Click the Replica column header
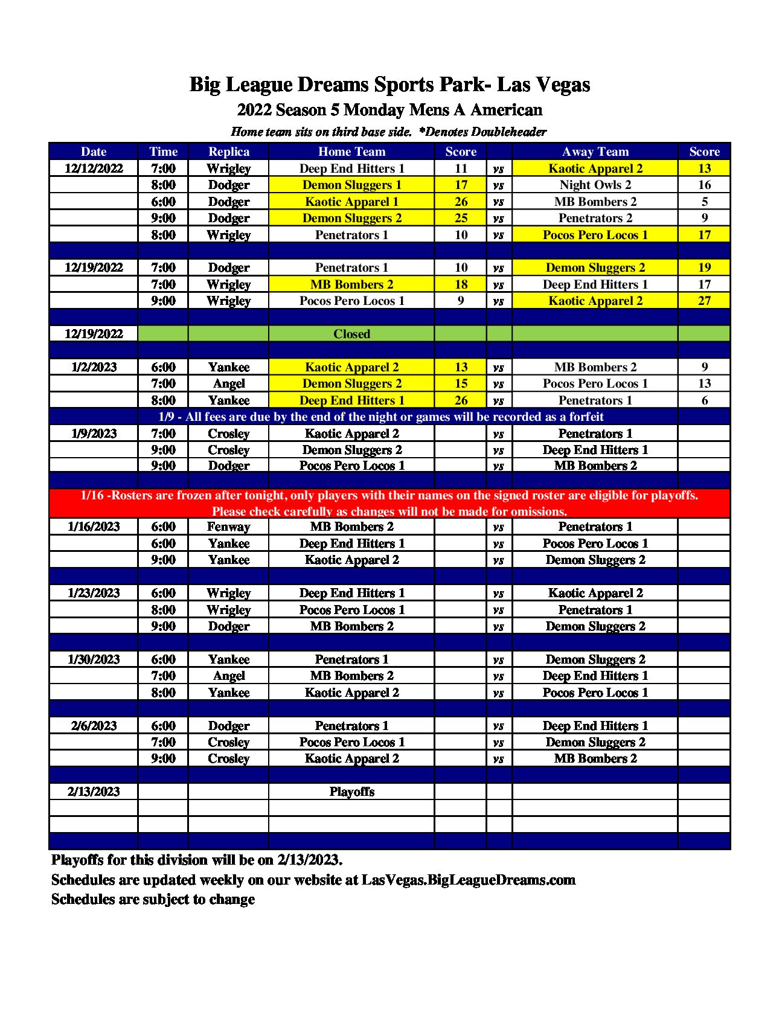pyautogui.click(x=228, y=152)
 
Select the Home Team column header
pyautogui.click(x=351, y=152)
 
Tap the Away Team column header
pyautogui.click(x=595, y=152)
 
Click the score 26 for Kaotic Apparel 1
pyautogui.click(x=461, y=202)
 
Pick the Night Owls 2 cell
pyautogui.click(x=595, y=185)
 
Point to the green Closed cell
pyautogui.click(x=351, y=334)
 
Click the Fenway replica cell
pyautogui.click(x=228, y=527)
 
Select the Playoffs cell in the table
pyautogui.click(x=351, y=792)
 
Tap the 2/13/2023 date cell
pyautogui.click(x=94, y=792)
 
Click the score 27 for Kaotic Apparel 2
pyautogui.click(x=704, y=301)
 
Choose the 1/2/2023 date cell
pyautogui.click(x=94, y=367)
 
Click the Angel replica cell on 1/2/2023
pyautogui.click(x=228, y=383)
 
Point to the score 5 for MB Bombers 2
pyautogui.click(x=704, y=202)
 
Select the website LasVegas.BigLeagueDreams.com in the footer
pyautogui.click(x=468, y=880)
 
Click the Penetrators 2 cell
pyautogui.click(x=595, y=218)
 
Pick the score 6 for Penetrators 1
pyautogui.click(x=704, y=400)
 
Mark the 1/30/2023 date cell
pyautogui.click(x=94, y=659)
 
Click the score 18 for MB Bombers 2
pyautogui.click(x=461, y=284)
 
